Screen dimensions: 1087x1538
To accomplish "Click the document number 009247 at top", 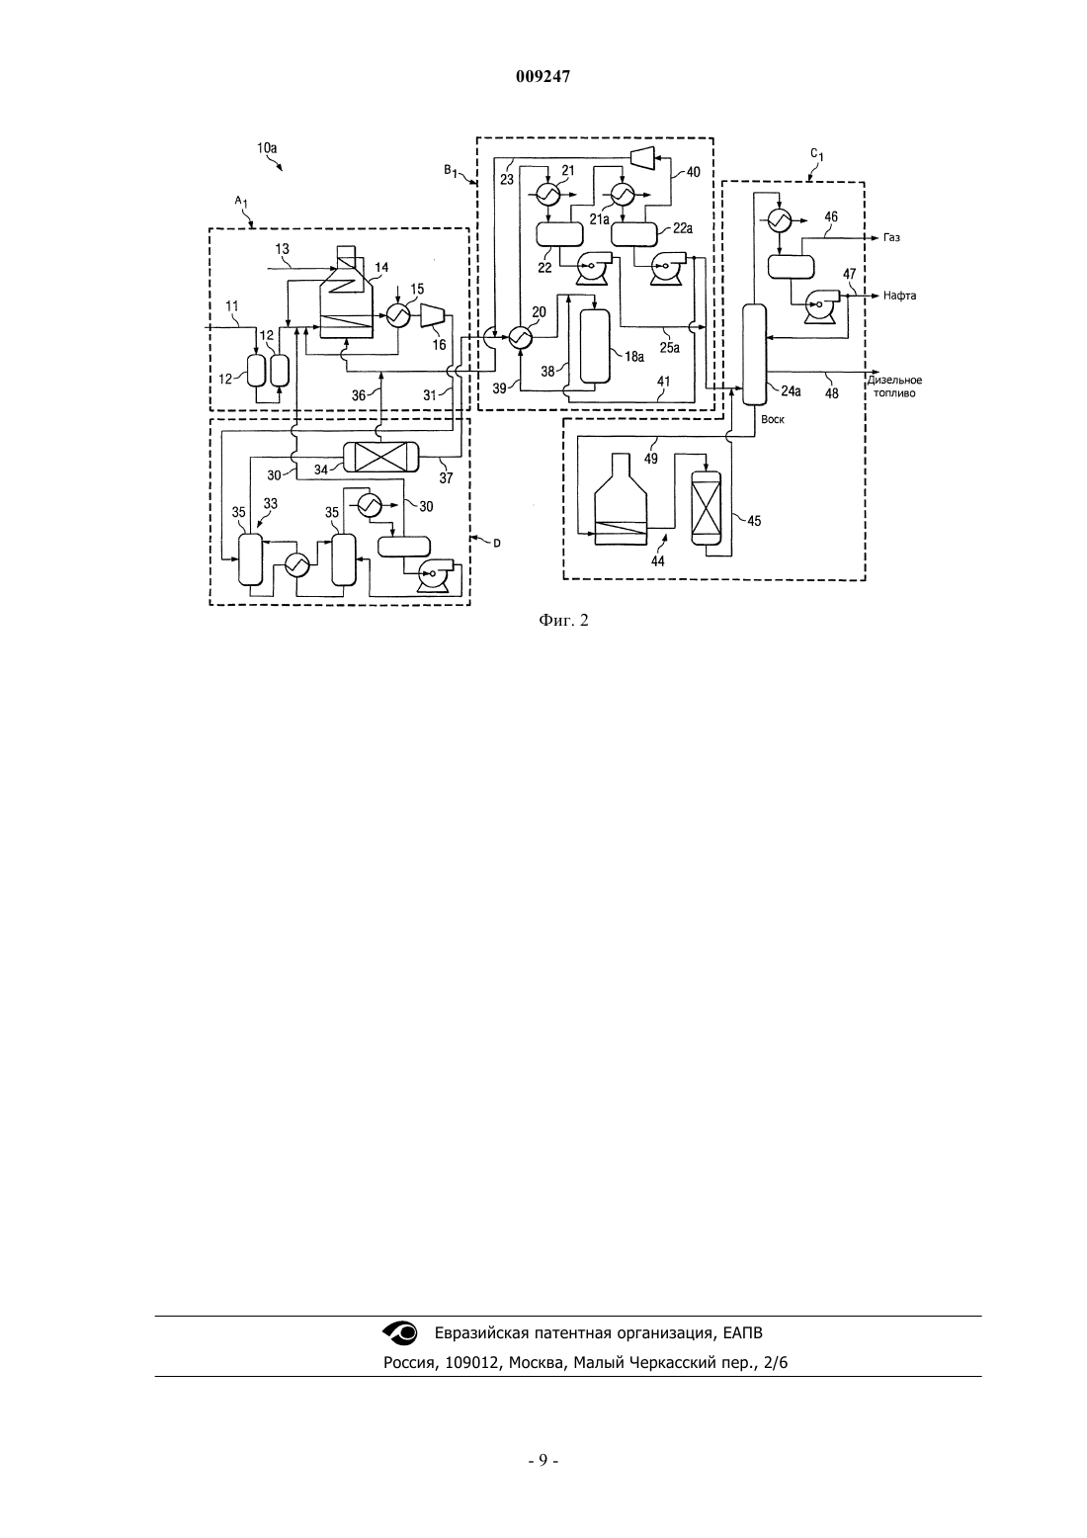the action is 543,77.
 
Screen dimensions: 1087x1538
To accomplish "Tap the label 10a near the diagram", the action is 267,147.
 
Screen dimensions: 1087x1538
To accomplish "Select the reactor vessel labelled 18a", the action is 595,346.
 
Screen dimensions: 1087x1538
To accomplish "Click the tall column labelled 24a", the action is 754,355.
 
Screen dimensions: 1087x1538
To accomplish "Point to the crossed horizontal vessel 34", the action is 380,457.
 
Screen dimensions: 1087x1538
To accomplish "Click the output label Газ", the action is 891,237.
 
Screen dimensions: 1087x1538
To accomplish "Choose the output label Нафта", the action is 899,296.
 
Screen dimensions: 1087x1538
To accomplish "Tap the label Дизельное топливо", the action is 894,386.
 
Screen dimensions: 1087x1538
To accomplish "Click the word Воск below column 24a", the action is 773,419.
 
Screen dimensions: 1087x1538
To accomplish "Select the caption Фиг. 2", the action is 563,621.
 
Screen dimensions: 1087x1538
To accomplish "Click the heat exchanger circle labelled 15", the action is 398,315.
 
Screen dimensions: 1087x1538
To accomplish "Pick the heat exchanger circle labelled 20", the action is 521,336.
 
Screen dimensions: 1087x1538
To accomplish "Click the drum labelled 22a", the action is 634,234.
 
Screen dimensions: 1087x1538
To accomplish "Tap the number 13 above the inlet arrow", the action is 282,248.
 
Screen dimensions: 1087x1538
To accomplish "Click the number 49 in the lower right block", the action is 650,458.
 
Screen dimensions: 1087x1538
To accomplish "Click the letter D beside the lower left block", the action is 497,543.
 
